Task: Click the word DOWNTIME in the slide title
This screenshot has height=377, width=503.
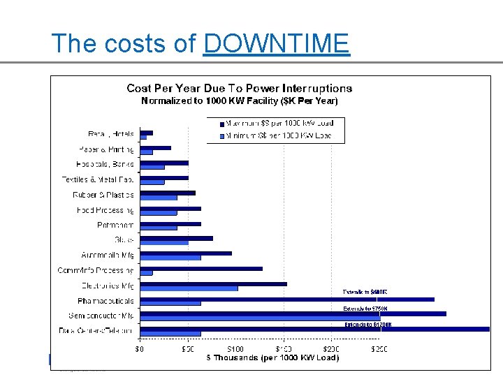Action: (x=276, y=43)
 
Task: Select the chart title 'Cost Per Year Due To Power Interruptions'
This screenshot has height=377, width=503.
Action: (x=239, y=88)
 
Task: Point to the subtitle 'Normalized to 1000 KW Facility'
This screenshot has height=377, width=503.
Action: (x=239, y=101)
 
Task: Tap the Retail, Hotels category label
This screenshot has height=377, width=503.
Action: (x=111, y=133)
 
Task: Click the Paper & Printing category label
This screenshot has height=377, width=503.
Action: (x=106, y=149)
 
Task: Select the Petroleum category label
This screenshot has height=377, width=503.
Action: (x=115, y=226)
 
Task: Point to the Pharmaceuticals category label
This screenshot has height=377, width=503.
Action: (x=105, y=301)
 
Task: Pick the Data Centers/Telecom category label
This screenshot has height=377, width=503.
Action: (x=96, y=331)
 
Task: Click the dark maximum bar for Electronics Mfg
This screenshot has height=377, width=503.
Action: (x=213, y=283)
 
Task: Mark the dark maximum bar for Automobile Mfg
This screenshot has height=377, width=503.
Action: (x=186, y=253)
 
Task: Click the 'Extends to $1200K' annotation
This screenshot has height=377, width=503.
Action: (x=368, y=324)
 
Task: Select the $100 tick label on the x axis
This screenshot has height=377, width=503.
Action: (x=235, y=348)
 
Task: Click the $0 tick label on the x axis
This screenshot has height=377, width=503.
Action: (x=140, y=348)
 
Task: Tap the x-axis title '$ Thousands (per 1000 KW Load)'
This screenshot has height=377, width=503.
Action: (x=272, y=357)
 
